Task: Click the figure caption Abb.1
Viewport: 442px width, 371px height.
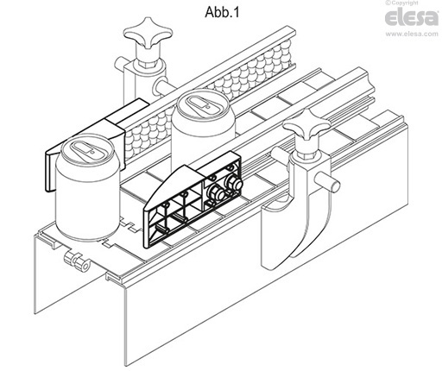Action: click(x=222, y=12)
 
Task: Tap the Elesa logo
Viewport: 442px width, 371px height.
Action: click(x=412, y=17)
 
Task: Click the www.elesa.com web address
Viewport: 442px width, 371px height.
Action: click(x=412, y=34)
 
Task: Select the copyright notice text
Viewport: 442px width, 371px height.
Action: click(x=402, y=3)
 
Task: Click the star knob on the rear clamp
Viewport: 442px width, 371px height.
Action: click(x=148, y=32)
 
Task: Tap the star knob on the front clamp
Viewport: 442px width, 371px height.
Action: click(x=306, y=127)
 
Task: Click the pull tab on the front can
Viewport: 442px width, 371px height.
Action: click(x=85, y=148)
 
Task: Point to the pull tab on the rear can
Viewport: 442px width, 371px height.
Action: click(x=200, y=104)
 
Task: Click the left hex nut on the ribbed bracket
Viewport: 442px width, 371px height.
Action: click(x=216, y=193)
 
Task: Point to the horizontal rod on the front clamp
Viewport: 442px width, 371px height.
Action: click(x=328, y=183)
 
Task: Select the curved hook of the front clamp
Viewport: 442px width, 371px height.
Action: click(x=311, y=223)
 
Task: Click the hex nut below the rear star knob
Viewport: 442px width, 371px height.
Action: click(x=148, y=62)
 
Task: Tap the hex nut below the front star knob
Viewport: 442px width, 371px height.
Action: click(x=306, y=155)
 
